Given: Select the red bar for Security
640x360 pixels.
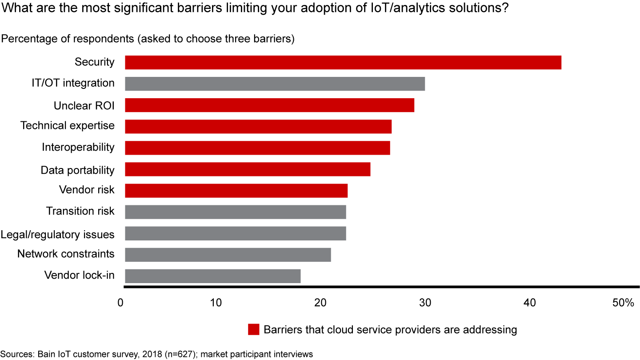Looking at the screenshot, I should coord(343,63).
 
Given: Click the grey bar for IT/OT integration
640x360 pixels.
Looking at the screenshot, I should coord(275,84).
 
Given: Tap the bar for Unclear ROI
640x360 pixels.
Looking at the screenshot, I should coord(269,105).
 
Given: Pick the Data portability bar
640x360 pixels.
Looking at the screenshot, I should coord(247,169).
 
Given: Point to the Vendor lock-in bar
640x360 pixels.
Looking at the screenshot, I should coord(212,276).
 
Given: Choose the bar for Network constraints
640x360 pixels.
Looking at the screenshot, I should coord(228,255).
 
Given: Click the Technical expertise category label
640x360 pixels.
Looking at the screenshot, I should coord(68,126).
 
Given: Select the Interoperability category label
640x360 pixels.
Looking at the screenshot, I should coord(78,147).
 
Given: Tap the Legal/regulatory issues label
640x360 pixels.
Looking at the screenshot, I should coord(57,234).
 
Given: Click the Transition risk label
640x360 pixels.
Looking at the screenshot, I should coord(80,211).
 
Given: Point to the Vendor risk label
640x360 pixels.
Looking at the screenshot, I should coord(87,190).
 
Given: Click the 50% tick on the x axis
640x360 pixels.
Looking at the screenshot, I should coord(623,303).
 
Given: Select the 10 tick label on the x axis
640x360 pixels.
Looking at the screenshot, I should coord(216,303).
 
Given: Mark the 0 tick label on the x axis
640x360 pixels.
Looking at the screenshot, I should coord(120,303).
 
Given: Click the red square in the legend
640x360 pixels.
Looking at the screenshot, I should coord(253,330).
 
